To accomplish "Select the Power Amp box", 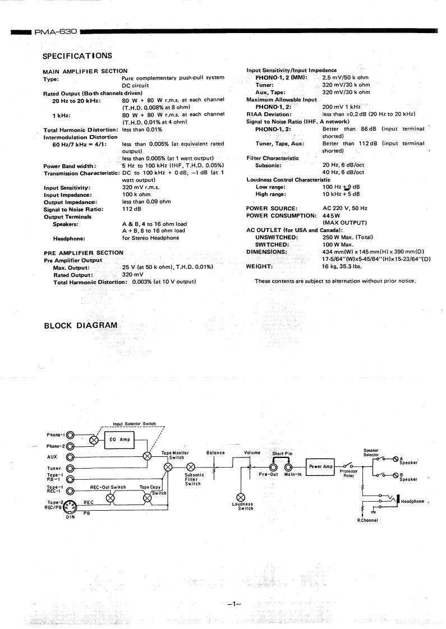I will click(320, 466).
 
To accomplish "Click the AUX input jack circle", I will click(71, 456).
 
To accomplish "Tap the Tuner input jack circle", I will click(71, 468).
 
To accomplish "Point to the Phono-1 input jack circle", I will click(71, 434).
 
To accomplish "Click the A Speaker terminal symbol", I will click(396, 460).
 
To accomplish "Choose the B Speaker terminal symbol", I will click(396, 476).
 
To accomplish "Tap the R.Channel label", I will click(368, 520).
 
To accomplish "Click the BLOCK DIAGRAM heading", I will click(81, 326).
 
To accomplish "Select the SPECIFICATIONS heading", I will click(77, 55).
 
